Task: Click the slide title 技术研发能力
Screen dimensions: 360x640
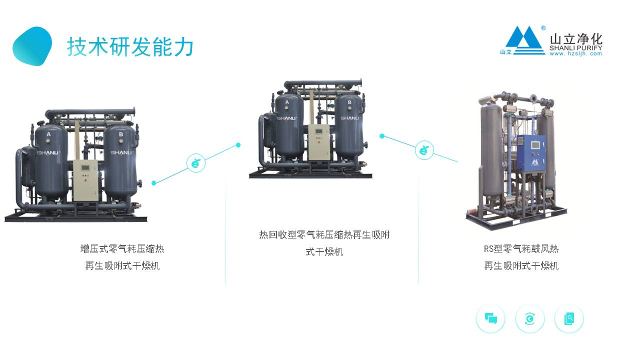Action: [x=130, y=47]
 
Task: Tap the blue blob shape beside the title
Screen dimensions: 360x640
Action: [x=32, y=46]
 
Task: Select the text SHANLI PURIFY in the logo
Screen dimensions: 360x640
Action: [x=575, y=48]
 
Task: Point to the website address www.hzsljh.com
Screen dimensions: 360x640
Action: [x=575, y=53]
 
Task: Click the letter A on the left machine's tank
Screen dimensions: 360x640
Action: [x=48, y=134]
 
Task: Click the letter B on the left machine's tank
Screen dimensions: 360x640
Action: [x=120, y=134]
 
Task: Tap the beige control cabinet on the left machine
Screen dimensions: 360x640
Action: [x=86, y=180]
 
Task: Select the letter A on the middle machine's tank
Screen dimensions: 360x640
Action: [x=287, y=102]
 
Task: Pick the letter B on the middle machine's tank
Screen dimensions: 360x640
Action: [x=349, y=102]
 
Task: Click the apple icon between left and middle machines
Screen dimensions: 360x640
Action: [x=196, y=163]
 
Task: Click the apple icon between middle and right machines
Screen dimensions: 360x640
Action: [x=424, y=150]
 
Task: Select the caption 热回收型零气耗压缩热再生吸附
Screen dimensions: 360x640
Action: [x=324, y=235]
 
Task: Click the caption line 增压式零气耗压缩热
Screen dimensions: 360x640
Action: [x=122, y=249]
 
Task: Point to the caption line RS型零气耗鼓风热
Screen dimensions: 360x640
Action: [x=521, y=249]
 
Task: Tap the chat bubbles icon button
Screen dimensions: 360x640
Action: [x=490, y=318]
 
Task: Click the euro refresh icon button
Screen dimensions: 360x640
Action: [x=530, y=318]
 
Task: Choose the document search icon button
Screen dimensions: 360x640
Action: [x=569, y=318]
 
